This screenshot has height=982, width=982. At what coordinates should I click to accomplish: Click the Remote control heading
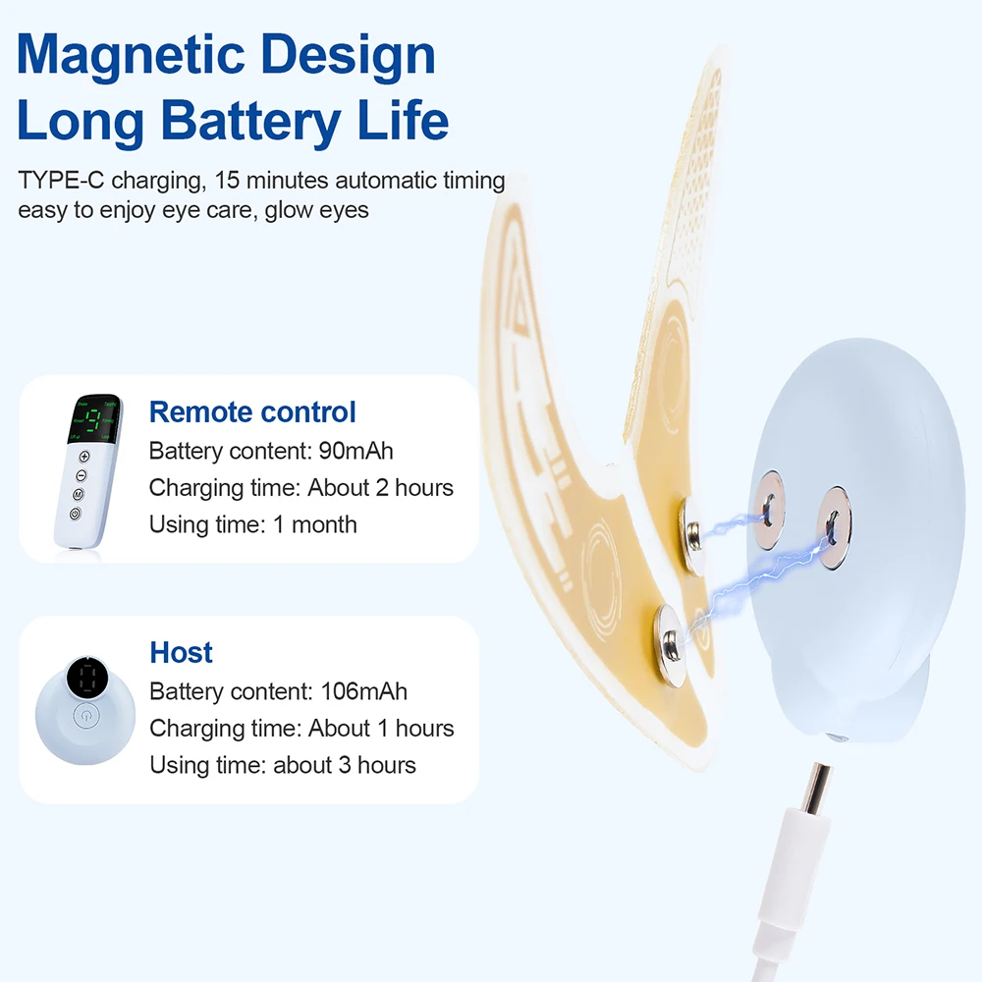coord(252,412)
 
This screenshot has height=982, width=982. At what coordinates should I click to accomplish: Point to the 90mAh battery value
coord(356,451)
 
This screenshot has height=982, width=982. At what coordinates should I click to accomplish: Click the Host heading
coord(181,653)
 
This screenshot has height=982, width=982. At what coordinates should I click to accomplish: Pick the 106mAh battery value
coord(363,691)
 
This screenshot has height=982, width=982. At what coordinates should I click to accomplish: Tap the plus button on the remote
coord(83,457)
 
